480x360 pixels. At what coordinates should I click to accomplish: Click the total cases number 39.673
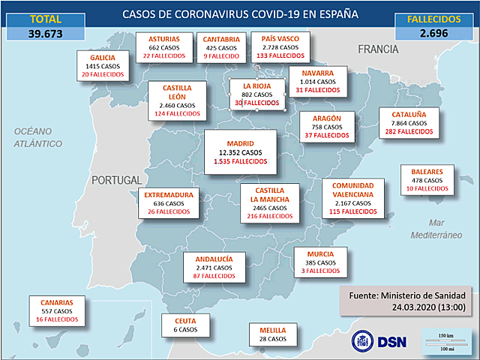[x=46, y=33]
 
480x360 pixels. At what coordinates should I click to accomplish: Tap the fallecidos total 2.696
[x=434, y=33]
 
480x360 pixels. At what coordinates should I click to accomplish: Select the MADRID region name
[x=240, y=142]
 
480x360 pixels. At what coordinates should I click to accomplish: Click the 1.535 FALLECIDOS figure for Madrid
[x=240, y=161]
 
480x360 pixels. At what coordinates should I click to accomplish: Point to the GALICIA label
[x=102, y=57]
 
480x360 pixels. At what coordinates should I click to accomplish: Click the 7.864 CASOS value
[x=409, y=123]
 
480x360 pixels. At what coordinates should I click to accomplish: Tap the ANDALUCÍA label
[x=214, y=259]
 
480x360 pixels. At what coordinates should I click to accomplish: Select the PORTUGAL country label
[x=117, y=180]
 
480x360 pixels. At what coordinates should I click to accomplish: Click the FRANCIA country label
[x=378, y=49]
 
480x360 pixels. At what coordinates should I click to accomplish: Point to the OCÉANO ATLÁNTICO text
[x=39, y=136]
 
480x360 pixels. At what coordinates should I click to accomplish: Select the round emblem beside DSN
[x=363, y=340]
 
